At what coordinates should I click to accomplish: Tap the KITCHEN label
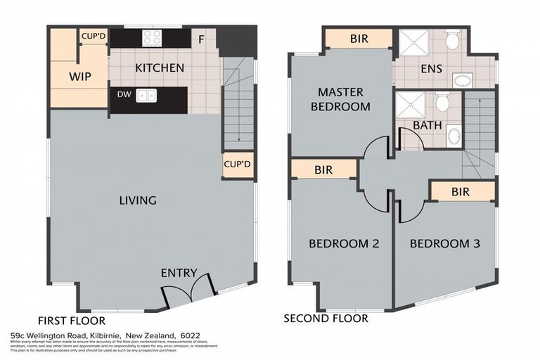point(160,68)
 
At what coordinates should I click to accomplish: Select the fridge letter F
point(202,39)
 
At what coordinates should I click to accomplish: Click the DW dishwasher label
point(123,95)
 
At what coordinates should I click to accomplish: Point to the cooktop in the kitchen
point(153,38)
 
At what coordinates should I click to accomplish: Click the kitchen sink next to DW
point(146,96)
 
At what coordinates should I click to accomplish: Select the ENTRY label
point(179,274)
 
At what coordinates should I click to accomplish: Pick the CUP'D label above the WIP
point(93,36)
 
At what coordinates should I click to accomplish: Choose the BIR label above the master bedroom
point(359,39)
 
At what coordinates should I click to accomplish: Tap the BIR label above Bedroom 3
point(461,191)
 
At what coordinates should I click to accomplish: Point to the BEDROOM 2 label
point(345,244)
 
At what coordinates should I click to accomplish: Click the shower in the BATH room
point(410,105)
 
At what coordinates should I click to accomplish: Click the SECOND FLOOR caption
point(326,319)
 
